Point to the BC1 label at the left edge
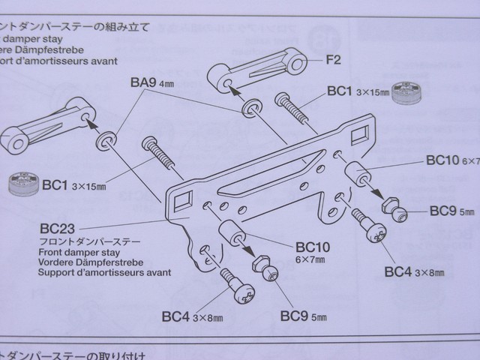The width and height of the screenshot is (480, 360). point(61,183)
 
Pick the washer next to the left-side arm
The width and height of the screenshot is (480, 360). point(106,140)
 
